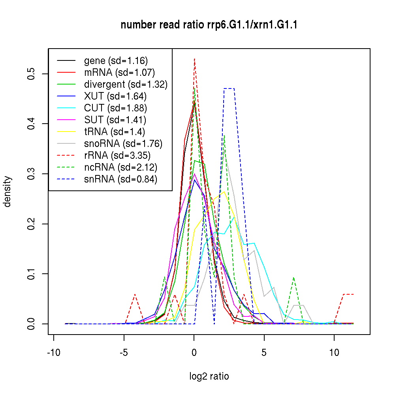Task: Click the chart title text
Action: pyautogui.click(x=209, y=25)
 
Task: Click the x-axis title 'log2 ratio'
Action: pyautogui.click(x=209, y=376)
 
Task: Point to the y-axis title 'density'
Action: pyautogui.click(x=8, y=191)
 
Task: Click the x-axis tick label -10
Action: pyautogui.click(x=53, y=353)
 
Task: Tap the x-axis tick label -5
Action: pyautogui.click(x=124, y=353)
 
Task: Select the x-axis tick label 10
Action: pyautogui.click(x=334, y=353)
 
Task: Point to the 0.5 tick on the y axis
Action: pyautogui.click(x=32, y=74)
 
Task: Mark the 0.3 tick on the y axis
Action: pyautogui.click(x=32, y=174)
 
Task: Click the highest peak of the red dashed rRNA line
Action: pyautogui.click(x=194, y=59)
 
